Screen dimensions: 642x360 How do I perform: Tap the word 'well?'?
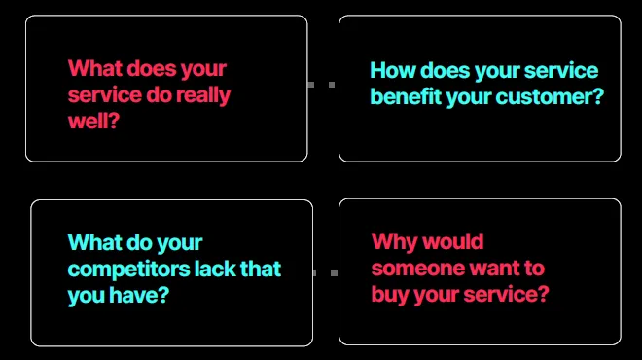[x=93, y=121]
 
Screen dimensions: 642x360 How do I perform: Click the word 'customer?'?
[x=550, y=97]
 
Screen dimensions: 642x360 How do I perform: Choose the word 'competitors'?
[x=129, y=270]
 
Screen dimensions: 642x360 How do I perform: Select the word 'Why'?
[x=393, y=241]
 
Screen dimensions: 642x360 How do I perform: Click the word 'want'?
[x=494, y=269]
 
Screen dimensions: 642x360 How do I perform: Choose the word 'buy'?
[x=390, y=295]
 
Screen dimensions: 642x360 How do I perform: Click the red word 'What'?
[x=95, y=68]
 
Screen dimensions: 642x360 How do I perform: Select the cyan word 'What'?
[x=95, y=242]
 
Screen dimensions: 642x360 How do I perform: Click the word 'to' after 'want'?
[x=534, y=269]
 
